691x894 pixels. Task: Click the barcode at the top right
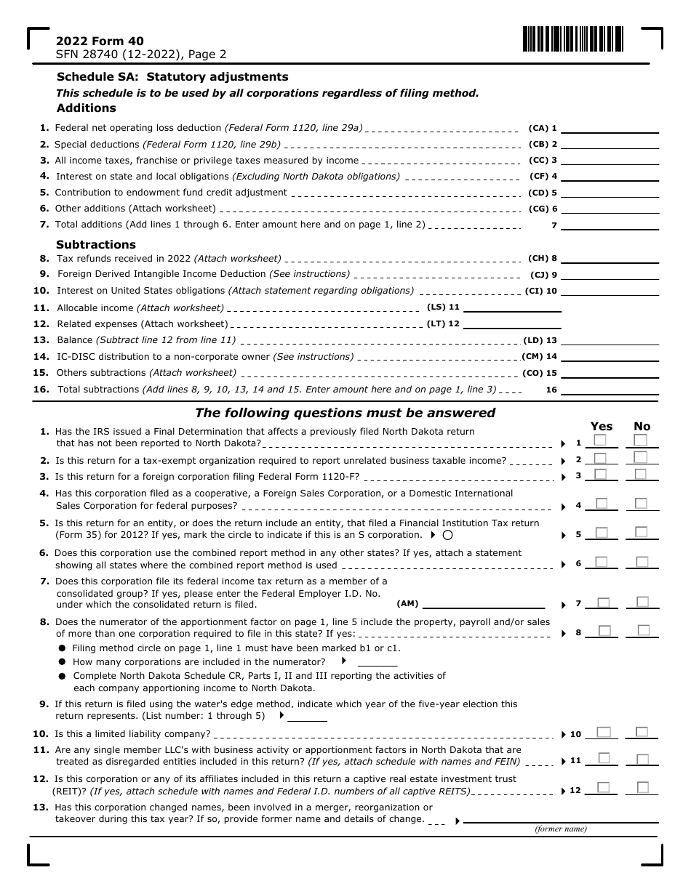click(572, 39)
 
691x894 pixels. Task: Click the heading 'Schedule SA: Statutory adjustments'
click(172, 77)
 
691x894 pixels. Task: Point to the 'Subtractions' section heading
click(96, 245)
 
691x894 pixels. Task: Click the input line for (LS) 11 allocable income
click(512, 307)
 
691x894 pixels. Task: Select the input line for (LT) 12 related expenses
click(512, 324)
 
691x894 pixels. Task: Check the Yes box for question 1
click(600, 440)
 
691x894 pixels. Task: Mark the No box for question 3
click(640, 475)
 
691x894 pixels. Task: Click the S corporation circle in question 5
click(447, 535)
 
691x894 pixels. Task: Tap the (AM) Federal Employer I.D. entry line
click(484, 603)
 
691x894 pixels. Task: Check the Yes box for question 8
click(604, 631)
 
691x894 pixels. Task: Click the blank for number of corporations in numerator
click(378, 662)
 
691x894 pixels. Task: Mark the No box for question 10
click(642, 733)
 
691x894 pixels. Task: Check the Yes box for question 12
click(603, 787)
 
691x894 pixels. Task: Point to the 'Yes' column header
click(602, 427)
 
